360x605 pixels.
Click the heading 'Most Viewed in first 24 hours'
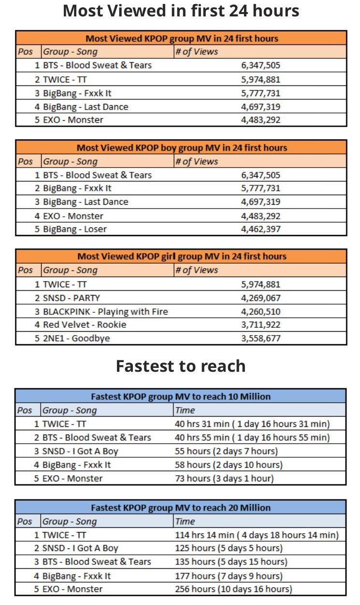tap(181, 11)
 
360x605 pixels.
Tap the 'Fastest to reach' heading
tap(181, 366)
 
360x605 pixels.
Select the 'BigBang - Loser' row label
tap(75, 229)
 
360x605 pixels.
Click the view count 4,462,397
tap(260, 229)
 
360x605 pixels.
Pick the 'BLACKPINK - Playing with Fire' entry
tap(105, 311)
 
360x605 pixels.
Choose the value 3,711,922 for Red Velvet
tap(260, 324)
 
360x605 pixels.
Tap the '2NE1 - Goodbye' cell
tap(76, 338)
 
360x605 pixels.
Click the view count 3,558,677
tap(260, 338)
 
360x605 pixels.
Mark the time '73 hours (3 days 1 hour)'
tap(224, 478)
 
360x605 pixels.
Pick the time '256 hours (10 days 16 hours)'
tap(233, 589)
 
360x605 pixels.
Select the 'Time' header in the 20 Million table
tap(185, 521)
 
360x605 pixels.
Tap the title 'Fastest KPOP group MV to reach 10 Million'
tap(181, 396)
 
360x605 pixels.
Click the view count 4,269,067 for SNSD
tap(260, 298)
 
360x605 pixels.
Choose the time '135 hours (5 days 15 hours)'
tap(231, 562)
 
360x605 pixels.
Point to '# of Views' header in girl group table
tap(197, 270)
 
